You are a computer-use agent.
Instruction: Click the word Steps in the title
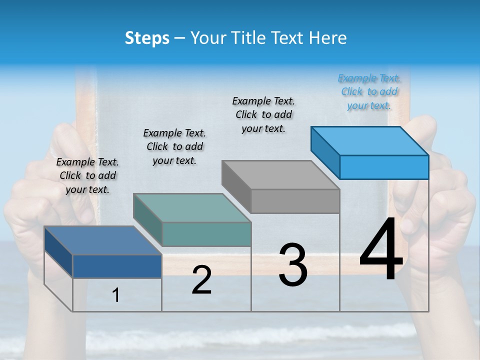tap(147, 38)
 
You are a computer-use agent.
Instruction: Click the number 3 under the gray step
tap(292, 265)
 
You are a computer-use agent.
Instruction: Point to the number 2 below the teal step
tap(201, 280)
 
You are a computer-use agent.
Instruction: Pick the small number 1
tap(116, 295)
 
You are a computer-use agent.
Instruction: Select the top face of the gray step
tap(280, 175)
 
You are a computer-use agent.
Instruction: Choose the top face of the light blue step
tap(370, 141)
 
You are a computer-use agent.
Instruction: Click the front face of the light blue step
tap(384, 167)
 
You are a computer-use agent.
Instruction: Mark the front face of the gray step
tap(295, 201)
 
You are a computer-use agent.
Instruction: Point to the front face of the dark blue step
tap(117, 266)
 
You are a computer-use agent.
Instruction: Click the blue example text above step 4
tap(369, 91)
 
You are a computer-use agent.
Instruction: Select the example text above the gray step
tap(263, 114)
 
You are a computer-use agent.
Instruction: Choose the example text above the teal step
tap(174, 146)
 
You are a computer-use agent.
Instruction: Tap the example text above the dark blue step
tap(87, 175)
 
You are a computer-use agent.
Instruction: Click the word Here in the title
tap(327, 38)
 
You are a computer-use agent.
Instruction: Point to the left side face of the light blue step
tap(325, 152)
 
